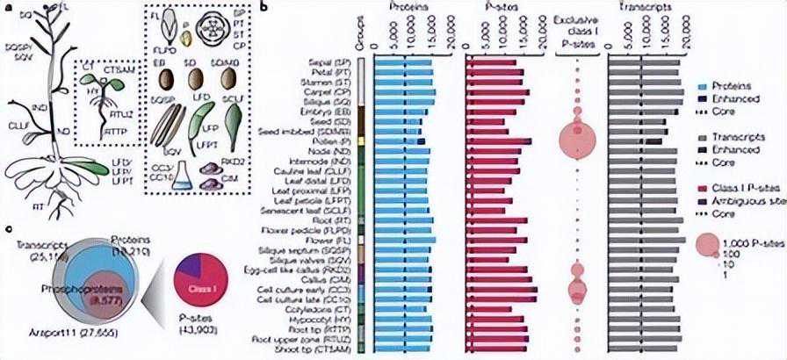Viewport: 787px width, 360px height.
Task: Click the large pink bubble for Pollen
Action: click(576, 136)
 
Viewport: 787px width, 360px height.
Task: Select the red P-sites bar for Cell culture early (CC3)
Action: click(502, 291)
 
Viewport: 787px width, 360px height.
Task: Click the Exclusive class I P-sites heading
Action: click(577, 24)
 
